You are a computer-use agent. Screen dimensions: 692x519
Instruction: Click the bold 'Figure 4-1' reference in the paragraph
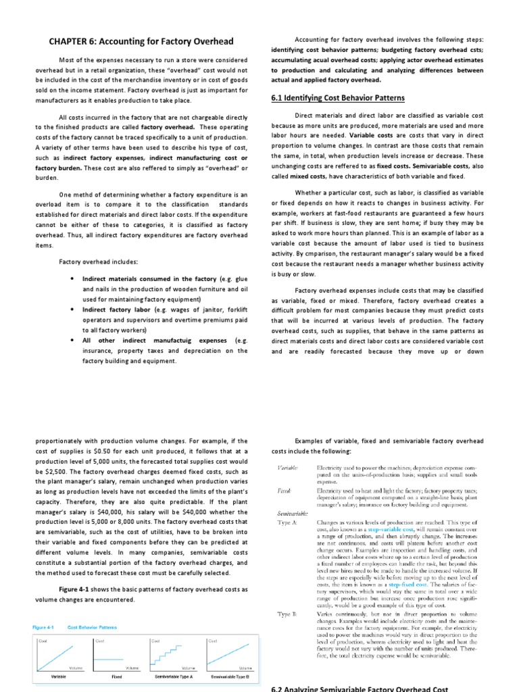pyautogui.click(x=78, y=589)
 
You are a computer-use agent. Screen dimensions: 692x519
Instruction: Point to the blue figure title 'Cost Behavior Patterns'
pyautogui.click(x=92, y=627)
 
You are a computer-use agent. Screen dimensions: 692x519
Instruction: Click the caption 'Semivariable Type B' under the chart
pyautogui.click(x=230, y=676)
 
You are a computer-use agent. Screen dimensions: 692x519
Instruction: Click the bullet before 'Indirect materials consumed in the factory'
pyautogui.click(x=72, y=278)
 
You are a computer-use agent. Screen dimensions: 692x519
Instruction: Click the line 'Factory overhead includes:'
pyautogui.click(x=99, y=261)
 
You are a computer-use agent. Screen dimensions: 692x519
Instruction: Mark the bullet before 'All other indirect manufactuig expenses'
pyautogui.click(x=72, y=341)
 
